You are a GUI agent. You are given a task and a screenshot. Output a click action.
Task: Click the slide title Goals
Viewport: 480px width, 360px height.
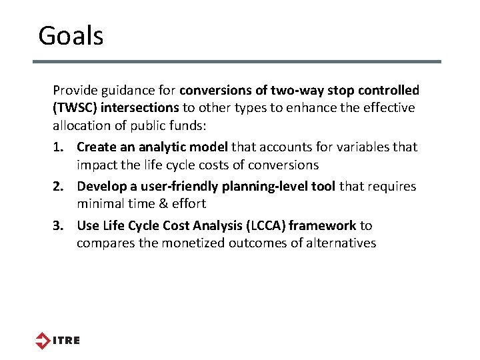click(71, 35)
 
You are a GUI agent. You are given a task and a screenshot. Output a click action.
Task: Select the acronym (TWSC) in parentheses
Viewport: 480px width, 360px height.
click(75, 107)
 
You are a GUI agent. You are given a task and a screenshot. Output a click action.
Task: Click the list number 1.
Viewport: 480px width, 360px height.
click(59, 147)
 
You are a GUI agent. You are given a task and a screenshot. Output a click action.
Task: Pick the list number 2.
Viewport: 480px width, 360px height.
click(59, 187)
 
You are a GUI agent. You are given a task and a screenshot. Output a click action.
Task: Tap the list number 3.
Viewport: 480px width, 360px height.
click(59, 226)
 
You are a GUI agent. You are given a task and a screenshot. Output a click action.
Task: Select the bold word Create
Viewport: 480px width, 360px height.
click(97, 147)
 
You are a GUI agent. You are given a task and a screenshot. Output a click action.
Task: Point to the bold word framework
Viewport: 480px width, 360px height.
click(323, 226)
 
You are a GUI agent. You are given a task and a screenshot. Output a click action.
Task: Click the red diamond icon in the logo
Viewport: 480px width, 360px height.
click(43, 340)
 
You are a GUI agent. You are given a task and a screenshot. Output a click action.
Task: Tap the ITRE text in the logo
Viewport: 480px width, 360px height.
click(66, 341)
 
